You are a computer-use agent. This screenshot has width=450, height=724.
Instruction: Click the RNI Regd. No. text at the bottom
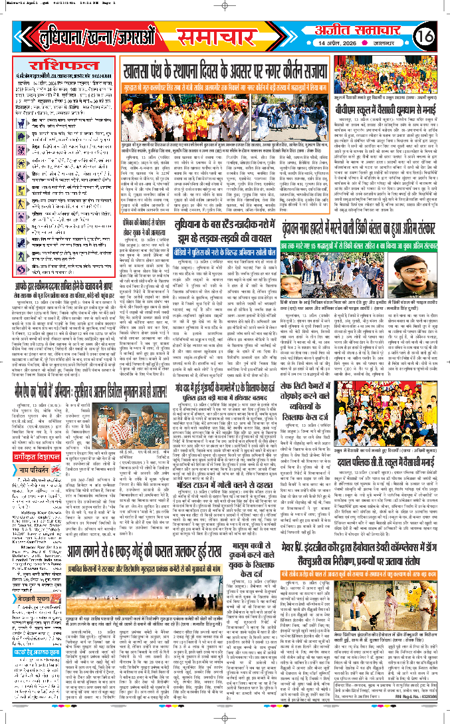click(x=412, y=714)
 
